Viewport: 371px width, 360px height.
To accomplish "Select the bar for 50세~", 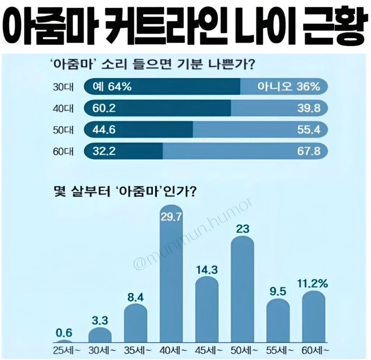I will [x=243, y=291].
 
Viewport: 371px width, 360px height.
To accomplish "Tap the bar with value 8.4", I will [x=136, y=326].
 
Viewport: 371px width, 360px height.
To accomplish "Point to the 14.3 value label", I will [x=207, y=270].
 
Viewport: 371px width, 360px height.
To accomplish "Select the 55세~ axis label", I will [x=278, y=350].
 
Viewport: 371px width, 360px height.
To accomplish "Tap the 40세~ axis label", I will [x=171, y=350].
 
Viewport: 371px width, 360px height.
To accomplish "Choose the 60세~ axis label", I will [x=314, y=350].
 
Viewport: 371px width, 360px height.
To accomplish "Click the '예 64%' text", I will [x=111, y=87].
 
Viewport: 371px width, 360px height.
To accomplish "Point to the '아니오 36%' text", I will [x=289, y=87].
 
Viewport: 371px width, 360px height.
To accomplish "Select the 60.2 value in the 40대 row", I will [x=104, y=108].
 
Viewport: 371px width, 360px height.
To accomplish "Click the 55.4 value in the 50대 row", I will [x=309, y=130].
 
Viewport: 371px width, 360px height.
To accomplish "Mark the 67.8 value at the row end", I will [x=309, y=151].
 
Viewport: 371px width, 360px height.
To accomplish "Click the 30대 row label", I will [x=63, y=87].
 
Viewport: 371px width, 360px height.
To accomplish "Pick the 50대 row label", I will [x=63, y=130].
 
